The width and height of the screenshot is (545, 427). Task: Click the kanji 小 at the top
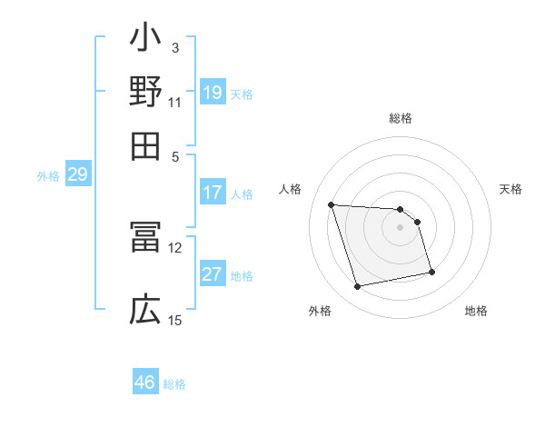point(145,41)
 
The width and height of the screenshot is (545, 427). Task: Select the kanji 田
point(145,144)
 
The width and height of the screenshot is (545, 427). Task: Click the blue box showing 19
point(213,92)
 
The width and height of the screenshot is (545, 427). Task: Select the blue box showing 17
point(213,193)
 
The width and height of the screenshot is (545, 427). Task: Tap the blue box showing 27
point(213,274)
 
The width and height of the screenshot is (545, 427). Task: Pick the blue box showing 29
point(77,174)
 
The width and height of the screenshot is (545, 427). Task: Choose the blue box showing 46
point(145,382)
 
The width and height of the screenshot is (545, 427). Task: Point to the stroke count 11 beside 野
point(175,102)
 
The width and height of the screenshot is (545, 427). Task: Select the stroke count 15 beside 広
point(175,320)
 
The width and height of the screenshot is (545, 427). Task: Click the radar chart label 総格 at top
point(401,119)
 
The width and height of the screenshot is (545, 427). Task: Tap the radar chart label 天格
point(510,189)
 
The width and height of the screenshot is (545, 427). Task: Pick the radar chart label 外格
point(320,311)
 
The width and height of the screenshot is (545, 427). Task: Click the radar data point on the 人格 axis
point(332,204)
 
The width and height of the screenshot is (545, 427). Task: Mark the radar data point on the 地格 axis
point(431,271)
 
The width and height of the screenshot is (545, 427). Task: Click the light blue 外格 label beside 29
point(47,176)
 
